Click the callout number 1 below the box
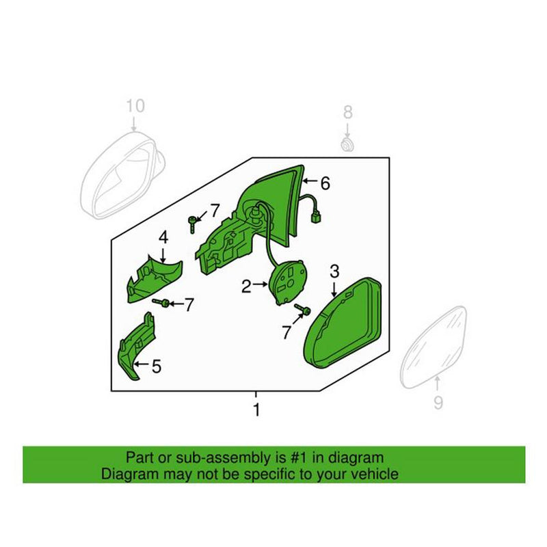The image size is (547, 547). (x=256, y=410)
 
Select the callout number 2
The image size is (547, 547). (x=246, y=286)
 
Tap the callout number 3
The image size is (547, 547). (x=334, y=271)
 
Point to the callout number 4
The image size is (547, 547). (x=163, y=237)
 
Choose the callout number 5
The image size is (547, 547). (x=157, y=366)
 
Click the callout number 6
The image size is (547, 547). (x=325, y=183)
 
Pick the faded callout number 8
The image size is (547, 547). (x=348, y=112)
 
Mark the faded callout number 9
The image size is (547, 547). (x=438, y=403)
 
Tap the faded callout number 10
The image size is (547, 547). (x=135, y=106)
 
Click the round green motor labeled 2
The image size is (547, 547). (x=288, y=282)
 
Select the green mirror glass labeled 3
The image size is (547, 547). (x=343, y=323)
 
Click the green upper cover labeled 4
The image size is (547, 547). (x=153, y=279)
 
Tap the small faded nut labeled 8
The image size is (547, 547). (x=347, y=144)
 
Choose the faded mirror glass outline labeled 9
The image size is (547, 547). (x=433, y=347)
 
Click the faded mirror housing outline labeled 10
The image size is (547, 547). (x=122, y=174)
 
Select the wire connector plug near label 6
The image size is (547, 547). (x=316, y=218)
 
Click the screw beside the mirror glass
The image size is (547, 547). (x=303, y=310)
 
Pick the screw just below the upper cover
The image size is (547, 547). (x=161, y=303)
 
